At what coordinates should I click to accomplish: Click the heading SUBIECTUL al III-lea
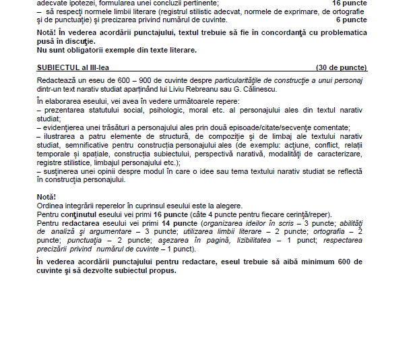pyautogui.click(x=75, y=67)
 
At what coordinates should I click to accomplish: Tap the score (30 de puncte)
pyautogui.click(x=342, y=67)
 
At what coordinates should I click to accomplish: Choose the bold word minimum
pyautogui.click(x=315, y=262)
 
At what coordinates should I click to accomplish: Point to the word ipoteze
pyautogui.click(x=81, y=3)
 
